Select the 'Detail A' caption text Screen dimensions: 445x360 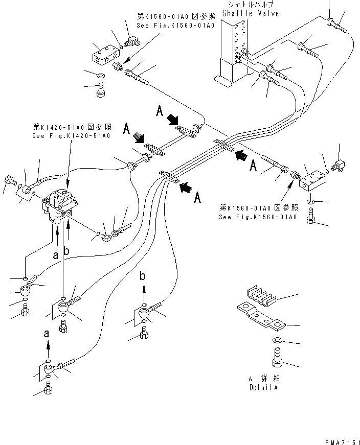coord(264,387)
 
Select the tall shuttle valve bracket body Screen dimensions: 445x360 coord(233,51)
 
